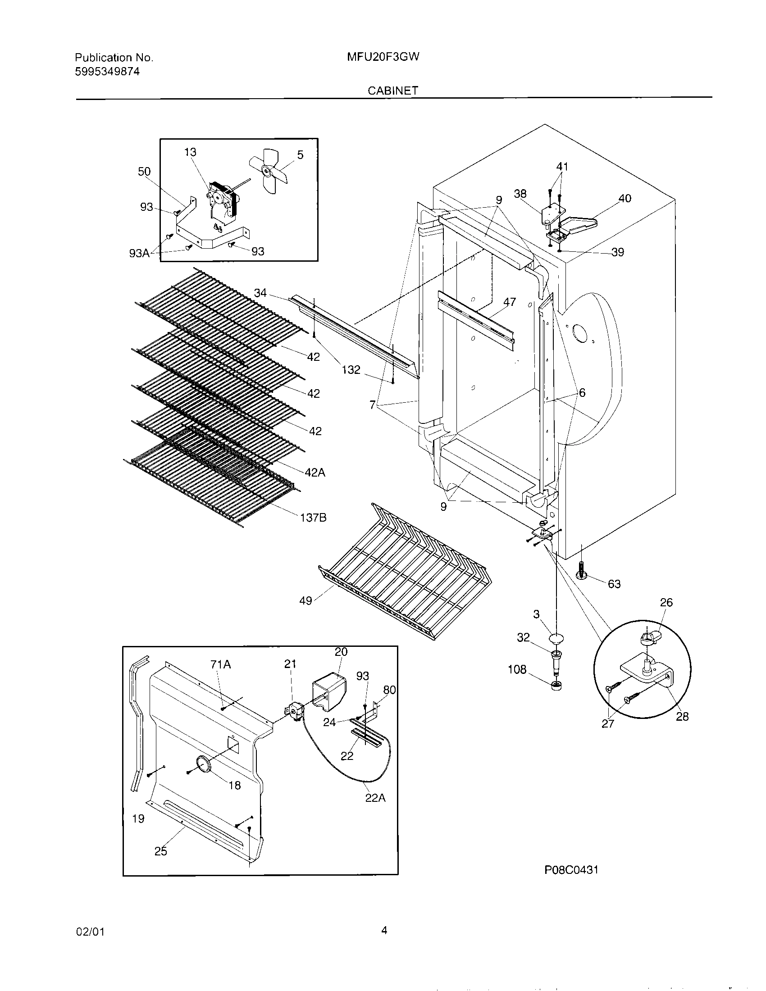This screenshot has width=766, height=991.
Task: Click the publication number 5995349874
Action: tap(107, 71)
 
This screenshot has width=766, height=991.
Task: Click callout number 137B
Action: tap(313, 517)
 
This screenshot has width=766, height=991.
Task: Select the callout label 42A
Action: tap(315, 473)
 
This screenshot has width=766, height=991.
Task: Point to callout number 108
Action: tap(517, 669)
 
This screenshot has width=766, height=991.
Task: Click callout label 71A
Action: tap(220, 665)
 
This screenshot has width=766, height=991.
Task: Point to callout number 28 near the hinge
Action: tap(682, 716)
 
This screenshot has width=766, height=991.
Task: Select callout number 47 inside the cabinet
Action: tap(510, 302)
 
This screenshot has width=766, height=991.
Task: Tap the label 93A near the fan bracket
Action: tap(139, 253)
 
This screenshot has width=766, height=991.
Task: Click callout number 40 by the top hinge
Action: tap(625, 198)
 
